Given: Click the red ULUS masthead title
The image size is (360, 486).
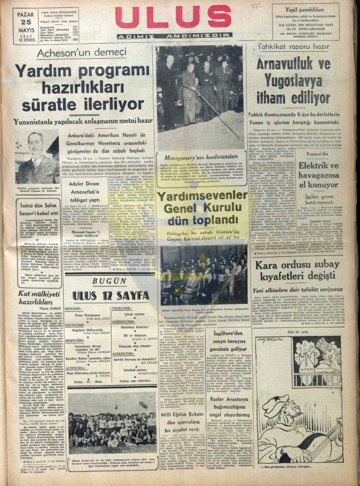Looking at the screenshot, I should click(x=173, y=17).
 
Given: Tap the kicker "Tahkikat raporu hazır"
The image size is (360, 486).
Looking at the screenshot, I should click(x=289, y=46).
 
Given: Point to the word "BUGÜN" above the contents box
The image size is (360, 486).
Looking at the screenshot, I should click(x=109, y=281).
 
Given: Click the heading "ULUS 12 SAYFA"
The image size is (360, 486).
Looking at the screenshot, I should click(x=109, y=295).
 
